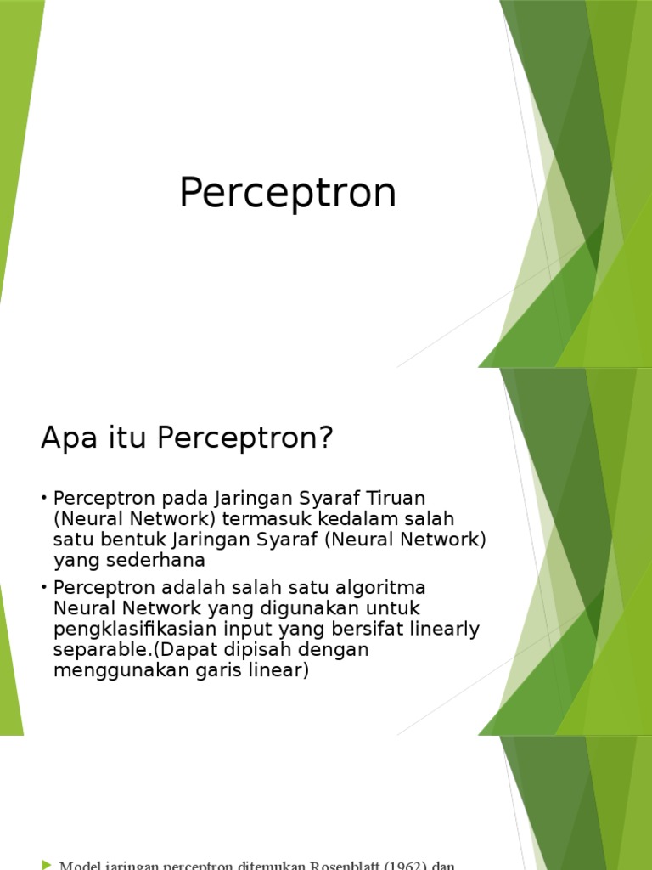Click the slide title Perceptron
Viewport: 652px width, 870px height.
288,194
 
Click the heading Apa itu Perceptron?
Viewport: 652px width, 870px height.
188,439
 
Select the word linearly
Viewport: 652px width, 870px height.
440,630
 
